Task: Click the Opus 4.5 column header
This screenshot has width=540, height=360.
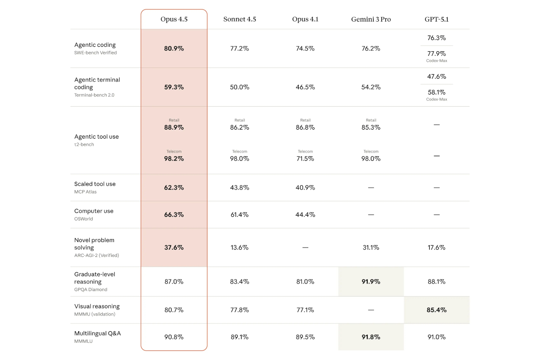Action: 174,19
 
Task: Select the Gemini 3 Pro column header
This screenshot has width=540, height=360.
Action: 371,19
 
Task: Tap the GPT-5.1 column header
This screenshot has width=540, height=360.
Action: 436,19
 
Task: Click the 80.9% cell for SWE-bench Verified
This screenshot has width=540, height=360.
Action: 174,48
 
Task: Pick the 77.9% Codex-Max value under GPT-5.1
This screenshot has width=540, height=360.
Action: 436,54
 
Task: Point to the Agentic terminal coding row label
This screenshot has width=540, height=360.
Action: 97,83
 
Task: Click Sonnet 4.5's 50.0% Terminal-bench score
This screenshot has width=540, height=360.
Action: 239,87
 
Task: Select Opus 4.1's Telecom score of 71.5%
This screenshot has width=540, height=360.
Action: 305,158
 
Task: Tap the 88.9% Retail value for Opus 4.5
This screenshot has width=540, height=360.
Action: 174,127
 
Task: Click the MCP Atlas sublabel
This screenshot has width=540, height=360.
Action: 85,192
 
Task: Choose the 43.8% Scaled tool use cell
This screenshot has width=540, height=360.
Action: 239,187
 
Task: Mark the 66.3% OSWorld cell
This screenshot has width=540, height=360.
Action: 174,215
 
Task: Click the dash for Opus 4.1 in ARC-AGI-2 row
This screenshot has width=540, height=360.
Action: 305,247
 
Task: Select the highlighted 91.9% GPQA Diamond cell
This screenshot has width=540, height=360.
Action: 371,281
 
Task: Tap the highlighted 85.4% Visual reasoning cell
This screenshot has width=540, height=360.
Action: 436,310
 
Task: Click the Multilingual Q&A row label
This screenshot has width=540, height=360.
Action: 97,333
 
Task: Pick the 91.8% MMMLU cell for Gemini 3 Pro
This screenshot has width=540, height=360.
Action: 371,337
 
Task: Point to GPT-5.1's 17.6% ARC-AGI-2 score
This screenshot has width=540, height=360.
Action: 436,247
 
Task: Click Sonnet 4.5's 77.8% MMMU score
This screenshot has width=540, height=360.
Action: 239,310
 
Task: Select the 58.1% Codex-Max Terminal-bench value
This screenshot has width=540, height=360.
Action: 436,92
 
